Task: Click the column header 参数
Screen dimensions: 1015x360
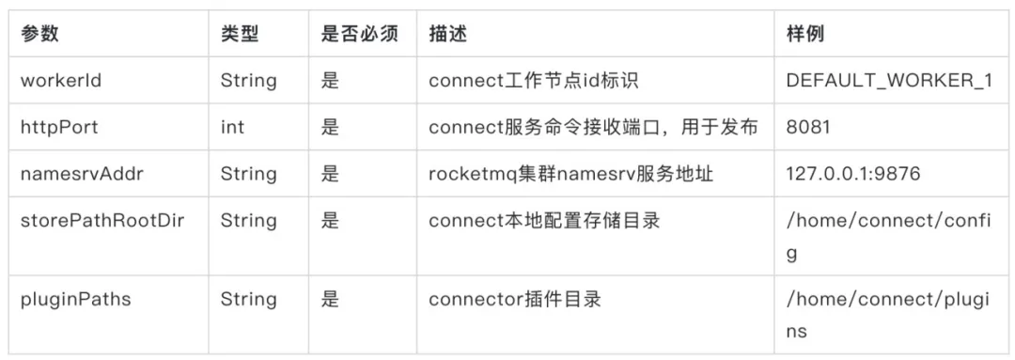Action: [39, 35]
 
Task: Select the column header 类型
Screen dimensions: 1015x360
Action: [240, 35]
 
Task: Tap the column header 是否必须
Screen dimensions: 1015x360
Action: [360, 35]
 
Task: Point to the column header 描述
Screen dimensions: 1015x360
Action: [447, 35]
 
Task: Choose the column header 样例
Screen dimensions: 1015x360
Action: [805, 35]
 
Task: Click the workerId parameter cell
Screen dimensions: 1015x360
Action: [61, 81]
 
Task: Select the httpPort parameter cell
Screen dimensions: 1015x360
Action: [59, 127]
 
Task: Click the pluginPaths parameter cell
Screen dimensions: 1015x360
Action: [75, 300]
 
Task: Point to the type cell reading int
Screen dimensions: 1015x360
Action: [232, 127]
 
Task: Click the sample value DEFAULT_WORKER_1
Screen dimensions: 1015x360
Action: [889, 81]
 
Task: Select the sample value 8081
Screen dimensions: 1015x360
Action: [808, 127]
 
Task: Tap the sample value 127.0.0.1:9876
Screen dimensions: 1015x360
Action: [853, 174]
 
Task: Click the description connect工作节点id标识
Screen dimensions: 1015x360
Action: [533, 81]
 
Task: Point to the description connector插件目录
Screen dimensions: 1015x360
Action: [515, 300]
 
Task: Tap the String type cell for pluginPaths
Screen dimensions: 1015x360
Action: [249, 300]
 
